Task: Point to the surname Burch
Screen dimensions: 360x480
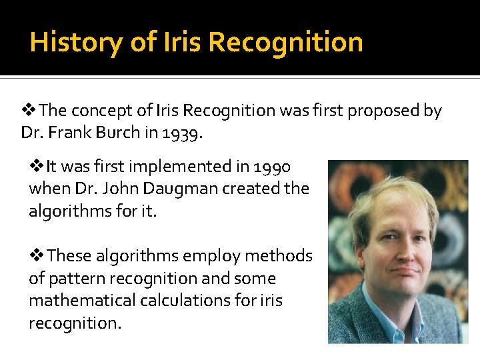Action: pyautogui.click(x=117, y=133)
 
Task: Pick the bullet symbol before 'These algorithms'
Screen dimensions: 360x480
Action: pyautogui.click(x=37, y=255)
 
